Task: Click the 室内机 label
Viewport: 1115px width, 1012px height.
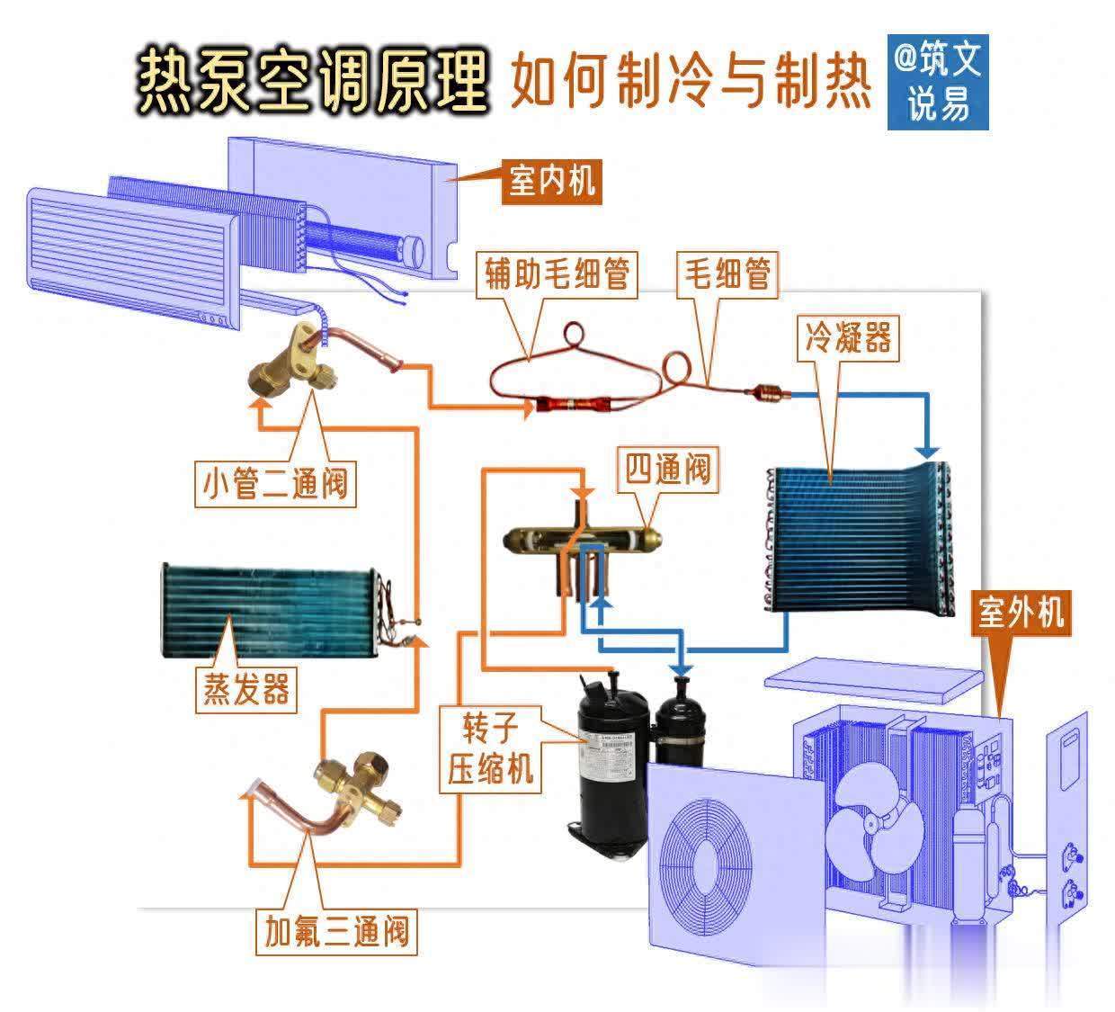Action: [x=551, y=181]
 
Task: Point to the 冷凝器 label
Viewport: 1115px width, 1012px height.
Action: [x=848, y=338]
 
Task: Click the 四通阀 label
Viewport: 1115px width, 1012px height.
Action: [x=668, y=469]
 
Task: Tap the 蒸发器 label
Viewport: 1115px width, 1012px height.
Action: [x=245, y=690]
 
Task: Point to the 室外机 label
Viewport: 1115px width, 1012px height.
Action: [x=1021, y=614]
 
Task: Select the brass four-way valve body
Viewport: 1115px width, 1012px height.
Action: [x=584, y=541]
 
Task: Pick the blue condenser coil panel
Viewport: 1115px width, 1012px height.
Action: [x=854, y=540]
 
